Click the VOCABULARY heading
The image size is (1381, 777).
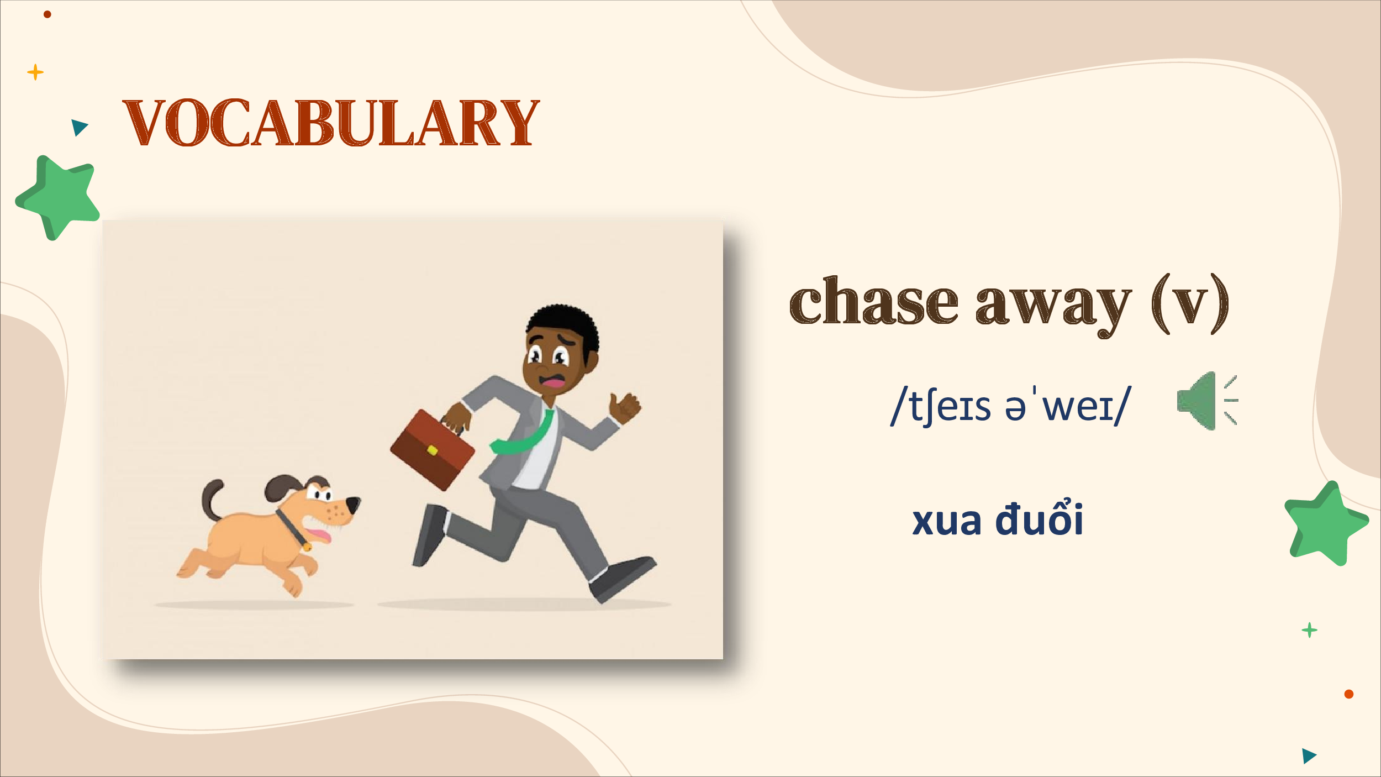click(x=331, y=123)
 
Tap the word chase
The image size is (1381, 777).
click(x=874, y=301)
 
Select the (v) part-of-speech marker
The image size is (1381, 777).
click(x=1190, y=304)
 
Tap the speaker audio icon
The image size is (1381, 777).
click(x=1208, y=401)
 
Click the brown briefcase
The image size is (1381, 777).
click(x=433, y=449)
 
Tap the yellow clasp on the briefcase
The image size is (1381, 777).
click(x=433, y=450)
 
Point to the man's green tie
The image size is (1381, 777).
click(x=523, y=434)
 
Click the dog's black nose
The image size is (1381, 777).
click(x=353, y=504)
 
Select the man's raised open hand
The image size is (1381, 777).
click(x=625, y=406)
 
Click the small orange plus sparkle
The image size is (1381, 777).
click(x=35, y=72)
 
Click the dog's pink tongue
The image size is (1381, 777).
click(x=319, y=535)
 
